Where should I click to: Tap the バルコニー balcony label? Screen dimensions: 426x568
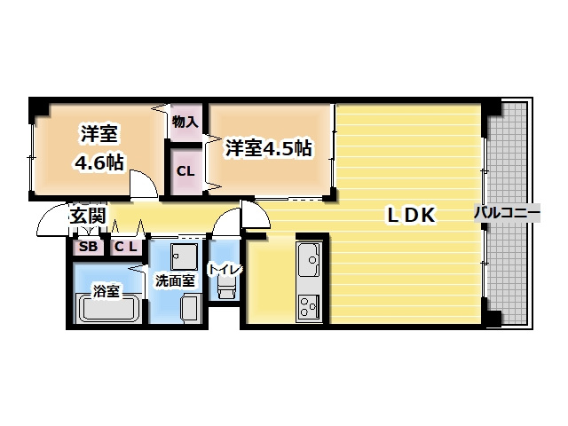(x=505, y=213)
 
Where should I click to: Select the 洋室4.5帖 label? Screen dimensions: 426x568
(x=267, y=147)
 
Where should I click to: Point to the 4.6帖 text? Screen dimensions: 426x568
(x=99, y=163)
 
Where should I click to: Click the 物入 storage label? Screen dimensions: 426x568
(x=185, y=122)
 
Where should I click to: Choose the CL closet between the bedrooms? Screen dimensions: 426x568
(x=185, y=170)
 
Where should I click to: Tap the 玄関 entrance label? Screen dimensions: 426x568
(x=89, y=216)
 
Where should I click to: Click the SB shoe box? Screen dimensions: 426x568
(x=89, y=247)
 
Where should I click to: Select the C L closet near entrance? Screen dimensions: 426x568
(x=125, y=247)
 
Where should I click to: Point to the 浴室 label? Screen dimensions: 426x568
(x=107, y=289)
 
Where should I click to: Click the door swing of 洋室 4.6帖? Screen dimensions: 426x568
(x=142, y=185)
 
